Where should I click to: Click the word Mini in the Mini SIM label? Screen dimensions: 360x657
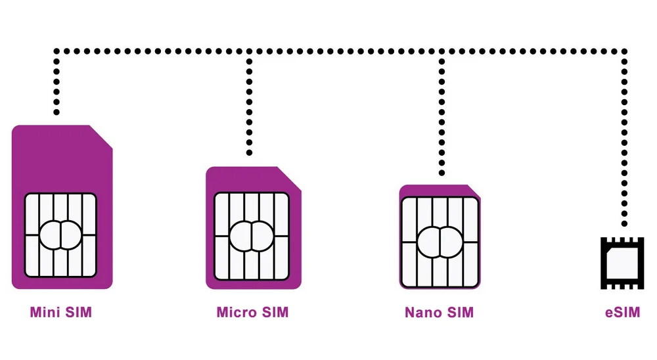tap(45, 312)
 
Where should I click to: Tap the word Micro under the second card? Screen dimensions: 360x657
tap(235, 312)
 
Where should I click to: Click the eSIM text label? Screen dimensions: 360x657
tap(622, 313)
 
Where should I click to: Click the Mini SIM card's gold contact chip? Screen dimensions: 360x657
tap(61, 235)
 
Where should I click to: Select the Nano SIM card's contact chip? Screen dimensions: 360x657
tap(440, 241)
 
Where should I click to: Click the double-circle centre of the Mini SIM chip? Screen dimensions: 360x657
tap(60, 235)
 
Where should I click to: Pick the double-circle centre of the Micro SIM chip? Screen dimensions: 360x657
tap(252, 233)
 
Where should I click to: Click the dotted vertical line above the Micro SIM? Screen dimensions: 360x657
tap(249, 105)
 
